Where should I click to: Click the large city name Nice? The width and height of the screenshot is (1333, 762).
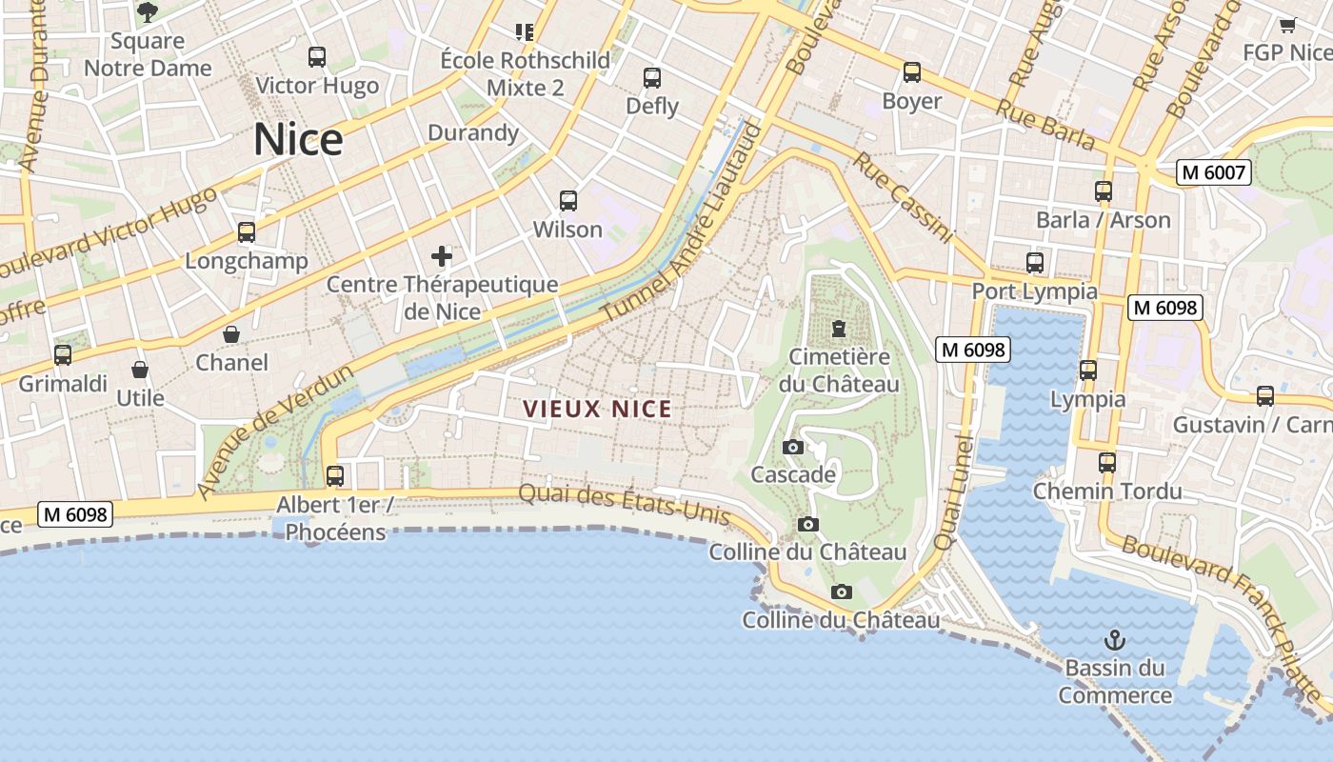tap(298, 140)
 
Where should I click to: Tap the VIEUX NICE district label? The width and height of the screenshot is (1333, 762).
tap(597, 410)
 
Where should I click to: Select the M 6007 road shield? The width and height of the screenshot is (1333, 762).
tap(1213, 172)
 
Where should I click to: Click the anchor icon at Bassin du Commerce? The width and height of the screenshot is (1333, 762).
tap(1114, 639)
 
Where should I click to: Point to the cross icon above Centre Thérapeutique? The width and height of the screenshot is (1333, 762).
tap(442, 255)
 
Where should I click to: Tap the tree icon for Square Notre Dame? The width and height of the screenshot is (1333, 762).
tap(148, 11)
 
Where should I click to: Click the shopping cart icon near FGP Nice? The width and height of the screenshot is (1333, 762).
tap(1287, 25)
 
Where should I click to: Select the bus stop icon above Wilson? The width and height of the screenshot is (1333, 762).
tap(568, 201)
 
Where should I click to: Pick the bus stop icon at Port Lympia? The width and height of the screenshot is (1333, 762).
tap(1035, 263)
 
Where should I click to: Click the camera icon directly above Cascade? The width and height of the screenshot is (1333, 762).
tap(792, 447)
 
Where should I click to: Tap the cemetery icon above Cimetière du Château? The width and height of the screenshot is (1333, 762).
tap(838, 329)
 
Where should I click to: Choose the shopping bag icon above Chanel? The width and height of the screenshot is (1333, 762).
tap(231, 334)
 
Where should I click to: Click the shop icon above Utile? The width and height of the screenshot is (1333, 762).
tap(140, 370)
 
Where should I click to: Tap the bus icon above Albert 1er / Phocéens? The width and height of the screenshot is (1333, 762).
tap(335, 475)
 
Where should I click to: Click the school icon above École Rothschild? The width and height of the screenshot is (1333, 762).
tap(524, 32)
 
